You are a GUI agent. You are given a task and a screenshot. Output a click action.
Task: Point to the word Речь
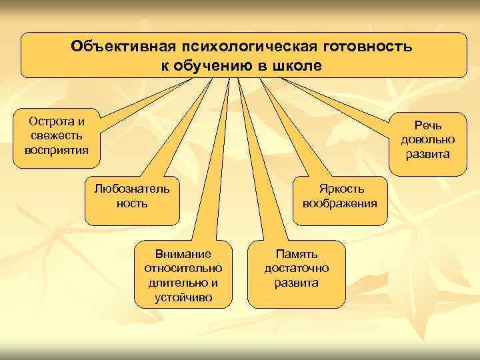pos(427,125)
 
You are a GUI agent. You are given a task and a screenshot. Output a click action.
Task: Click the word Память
pos(296,254)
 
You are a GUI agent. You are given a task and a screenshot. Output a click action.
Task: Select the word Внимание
pos(183,254)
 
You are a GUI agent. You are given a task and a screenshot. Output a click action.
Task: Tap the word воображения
pos(339,203)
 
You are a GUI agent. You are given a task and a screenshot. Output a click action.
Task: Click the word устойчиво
pos(183,297)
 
